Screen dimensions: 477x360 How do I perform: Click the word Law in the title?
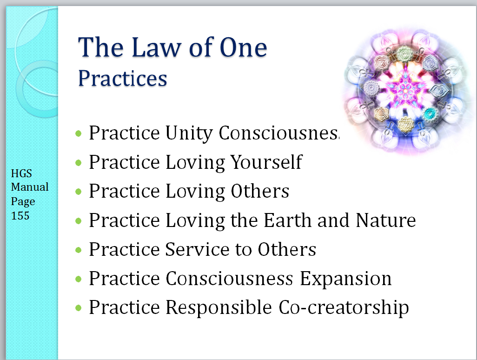pos(156,47)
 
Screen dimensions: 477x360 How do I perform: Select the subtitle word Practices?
pos(123,79)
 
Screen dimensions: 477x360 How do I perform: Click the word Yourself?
pos(266,162)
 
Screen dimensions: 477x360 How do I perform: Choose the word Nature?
pos(386,220)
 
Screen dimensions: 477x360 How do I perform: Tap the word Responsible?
pos(219,307)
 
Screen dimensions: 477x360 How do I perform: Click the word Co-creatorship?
pos(344,308)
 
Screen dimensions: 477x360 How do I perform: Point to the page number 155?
pos(20,216)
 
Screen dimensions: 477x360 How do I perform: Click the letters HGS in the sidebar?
pos(21,173)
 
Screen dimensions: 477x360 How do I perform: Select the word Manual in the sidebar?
pos(30,187)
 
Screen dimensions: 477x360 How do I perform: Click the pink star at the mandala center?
pos(405,89)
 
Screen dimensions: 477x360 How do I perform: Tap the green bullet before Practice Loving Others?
pos(79,192)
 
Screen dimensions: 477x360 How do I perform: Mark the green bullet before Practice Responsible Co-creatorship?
pos(79,308)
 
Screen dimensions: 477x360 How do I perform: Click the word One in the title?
pos(243,47)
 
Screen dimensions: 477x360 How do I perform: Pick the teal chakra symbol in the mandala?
pos(430,114)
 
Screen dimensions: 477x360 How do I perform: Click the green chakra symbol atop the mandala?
pos(405,53)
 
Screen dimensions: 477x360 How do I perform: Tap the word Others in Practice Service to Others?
pos(287,249)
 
